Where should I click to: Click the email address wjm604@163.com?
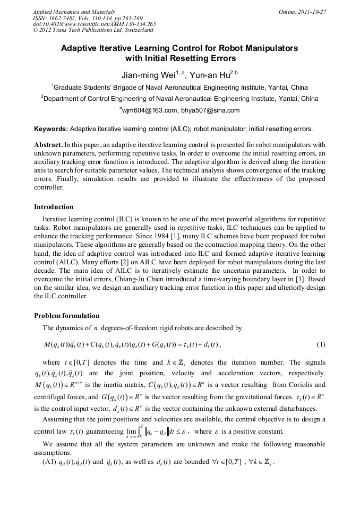pyautogui.click(x=149, y=110)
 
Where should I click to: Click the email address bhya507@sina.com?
pyautogui.click(x=210, y=110)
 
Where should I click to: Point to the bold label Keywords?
pyautogui.click(x=51, y=128)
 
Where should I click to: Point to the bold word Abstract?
pyautogui.click(x=48, y=144)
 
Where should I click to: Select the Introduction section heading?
pyautogui.click(x=54, y=207)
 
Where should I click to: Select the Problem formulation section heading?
pyautogui.click(x=66, y=315)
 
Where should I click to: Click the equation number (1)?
pyautogui.click(x=321, y=345)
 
